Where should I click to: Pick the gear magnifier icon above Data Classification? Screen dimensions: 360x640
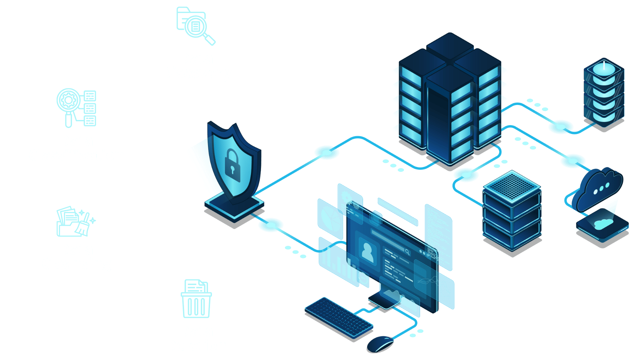[76, 108]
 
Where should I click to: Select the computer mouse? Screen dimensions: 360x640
[380, 344]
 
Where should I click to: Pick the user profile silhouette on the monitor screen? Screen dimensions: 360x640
[367, 253]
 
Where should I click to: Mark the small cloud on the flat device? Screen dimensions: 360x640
[602, 224]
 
